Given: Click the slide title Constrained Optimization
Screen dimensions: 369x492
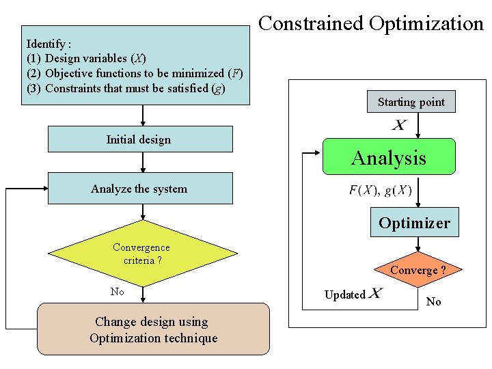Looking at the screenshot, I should click(371, 24).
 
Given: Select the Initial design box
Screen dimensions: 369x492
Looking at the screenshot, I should click(139, 139).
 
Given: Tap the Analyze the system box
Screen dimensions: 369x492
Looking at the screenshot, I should click(139, 189).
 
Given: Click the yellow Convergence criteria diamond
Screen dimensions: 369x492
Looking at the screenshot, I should click(141, 254).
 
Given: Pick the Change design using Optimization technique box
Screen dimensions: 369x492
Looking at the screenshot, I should click(153, 330).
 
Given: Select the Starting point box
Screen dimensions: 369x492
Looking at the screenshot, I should click(411, 102).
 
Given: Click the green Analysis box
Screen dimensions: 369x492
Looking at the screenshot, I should click(388, 158).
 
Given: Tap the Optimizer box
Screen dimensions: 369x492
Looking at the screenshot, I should click(414, 223).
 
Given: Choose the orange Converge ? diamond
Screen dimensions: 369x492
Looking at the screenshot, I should click(418, 271).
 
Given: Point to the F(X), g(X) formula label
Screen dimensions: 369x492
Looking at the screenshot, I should click(380, 191).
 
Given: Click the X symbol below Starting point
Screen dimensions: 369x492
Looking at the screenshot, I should click(398, 125).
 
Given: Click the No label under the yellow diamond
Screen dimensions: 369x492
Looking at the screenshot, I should click(118, 292).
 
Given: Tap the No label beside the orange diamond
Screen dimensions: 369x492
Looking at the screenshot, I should click(434, 301).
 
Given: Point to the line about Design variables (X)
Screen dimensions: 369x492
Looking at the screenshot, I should click(86, 58).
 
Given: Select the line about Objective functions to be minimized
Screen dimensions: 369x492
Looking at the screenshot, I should click(135, 73).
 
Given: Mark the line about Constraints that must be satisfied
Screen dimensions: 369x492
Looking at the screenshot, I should click(126, 88).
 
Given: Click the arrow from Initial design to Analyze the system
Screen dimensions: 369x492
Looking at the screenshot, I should click(142, 162).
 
